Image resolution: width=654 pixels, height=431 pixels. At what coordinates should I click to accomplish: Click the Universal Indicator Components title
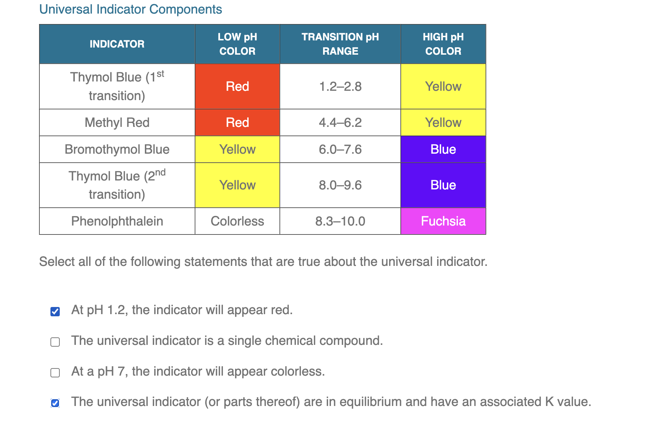pyautogui.click(x=130, y=9)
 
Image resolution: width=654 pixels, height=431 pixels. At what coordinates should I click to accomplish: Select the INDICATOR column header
pyautogui.click(x=117, y=44)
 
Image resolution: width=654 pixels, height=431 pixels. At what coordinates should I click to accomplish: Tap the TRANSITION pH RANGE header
pyautogui.click(x=340, y=44)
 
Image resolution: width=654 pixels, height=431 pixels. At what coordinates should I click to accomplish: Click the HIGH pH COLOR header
pyautogui.click(x=443, y=44)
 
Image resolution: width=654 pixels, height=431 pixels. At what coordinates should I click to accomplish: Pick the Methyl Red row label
pyautogui.click(x=117, y=123)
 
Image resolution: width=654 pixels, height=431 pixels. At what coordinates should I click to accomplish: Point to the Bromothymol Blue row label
pyautogui.click(x=117, y=149)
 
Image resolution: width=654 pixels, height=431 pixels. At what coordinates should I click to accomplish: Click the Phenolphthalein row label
pyautogui.click(x=117, y=221)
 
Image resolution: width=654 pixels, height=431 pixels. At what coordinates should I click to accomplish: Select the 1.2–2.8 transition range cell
pyautogui.click(x=340, y=86)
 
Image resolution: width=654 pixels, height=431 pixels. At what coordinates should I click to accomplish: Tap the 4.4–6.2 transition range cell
pyautogui.click(x=340, y=123)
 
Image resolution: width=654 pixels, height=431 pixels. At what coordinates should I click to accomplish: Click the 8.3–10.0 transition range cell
pyautogui.click(x=340, y=221)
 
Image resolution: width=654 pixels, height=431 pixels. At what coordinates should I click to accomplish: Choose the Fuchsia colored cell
pyautogui.click(x=443, y=221)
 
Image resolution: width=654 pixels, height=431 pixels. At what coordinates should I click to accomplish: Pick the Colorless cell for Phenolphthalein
pyautogui.click(x=237, y=221)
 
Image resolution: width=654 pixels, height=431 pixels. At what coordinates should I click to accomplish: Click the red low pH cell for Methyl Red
pyautogui.click(x=237, y=123)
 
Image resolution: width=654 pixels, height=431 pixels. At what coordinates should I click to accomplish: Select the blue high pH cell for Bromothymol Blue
pyautogui.click(x=443, y=149)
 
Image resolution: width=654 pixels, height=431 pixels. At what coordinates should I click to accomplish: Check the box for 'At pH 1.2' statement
pyautogui.click(x=55, y=312)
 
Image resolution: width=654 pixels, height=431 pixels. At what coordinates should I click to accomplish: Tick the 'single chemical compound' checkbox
pyautogui.click(x=55, y=342)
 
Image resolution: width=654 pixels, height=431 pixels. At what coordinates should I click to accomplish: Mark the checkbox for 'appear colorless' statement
pyautogui.click(x=55, y=373)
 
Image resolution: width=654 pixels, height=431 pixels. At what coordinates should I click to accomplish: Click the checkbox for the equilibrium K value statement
pyautogui.click(x=55, y=403)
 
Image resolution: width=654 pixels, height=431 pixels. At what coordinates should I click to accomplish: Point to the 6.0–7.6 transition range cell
pyautogui.click(x=340, y=149)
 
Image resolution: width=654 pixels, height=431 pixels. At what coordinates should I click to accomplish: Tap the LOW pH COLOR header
pyautogui.click(x=237, y=44)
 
